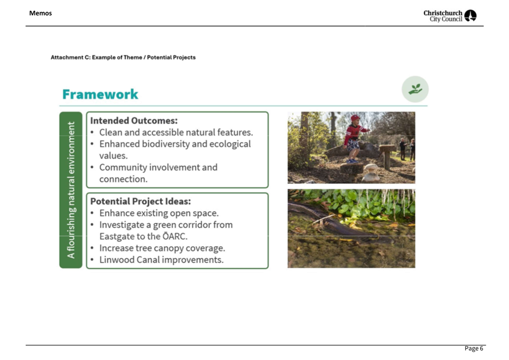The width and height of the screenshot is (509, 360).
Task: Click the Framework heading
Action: [x=100, y=94]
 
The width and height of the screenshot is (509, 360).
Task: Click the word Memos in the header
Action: [x=40, y=13]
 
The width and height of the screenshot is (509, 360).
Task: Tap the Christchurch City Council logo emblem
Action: [x=470, y=16]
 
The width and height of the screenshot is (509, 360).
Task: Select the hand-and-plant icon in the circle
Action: [x=415, y=89]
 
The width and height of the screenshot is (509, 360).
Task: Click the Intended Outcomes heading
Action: [x=134, y=121]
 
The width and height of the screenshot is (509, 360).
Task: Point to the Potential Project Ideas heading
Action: [x=141, y=202]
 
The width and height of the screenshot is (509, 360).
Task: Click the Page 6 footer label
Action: [x=474, y=349]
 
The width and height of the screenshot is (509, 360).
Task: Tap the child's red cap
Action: [x=355, y=118]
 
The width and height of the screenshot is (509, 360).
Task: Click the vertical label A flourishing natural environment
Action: [x=71, y=190]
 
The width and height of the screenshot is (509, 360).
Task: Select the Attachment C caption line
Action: [x=123, y=57]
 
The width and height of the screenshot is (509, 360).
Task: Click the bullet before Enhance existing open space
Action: [x=93, y=213]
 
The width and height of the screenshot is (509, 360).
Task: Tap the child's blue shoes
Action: [x=352, y=161]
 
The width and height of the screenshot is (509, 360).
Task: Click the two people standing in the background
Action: [x=407, y=149]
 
